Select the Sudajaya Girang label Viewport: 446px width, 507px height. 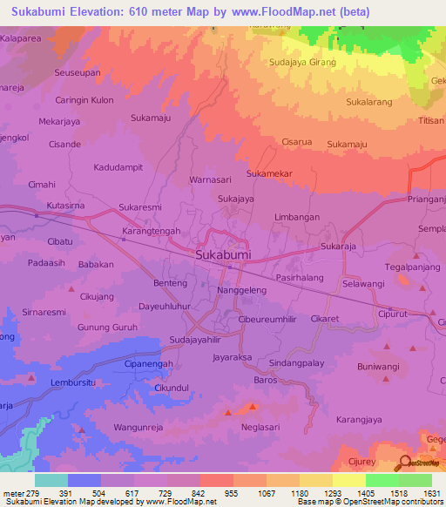point(302,63)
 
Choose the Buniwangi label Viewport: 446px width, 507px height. point(383,355)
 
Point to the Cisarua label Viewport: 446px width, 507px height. point(296,141)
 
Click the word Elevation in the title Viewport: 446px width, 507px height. point(100,12)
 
